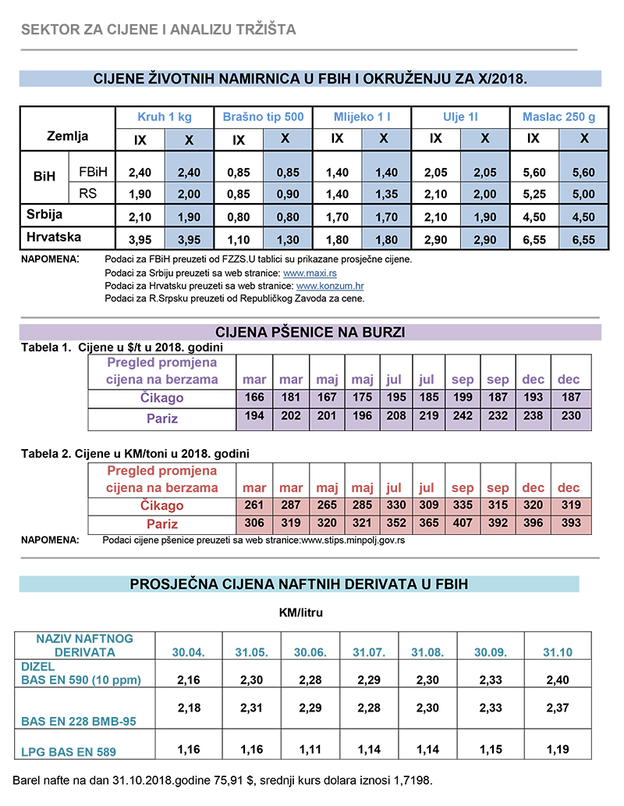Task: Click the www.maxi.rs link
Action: pos(309,273)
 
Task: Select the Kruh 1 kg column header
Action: pos(165,117)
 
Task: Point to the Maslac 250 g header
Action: pos(558,117)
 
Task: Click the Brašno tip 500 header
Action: pos(263,117)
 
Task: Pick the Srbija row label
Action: pos(44,214)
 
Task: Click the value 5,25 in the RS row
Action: pos(534,194)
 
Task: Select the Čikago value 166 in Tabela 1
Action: pos(254,398)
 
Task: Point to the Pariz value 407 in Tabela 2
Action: pos(463,524)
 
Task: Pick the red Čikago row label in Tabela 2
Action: pos(162,505)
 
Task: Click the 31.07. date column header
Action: pos(369,652)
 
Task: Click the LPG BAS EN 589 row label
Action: pos(69,753)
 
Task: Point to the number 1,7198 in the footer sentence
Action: pos(405,780)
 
